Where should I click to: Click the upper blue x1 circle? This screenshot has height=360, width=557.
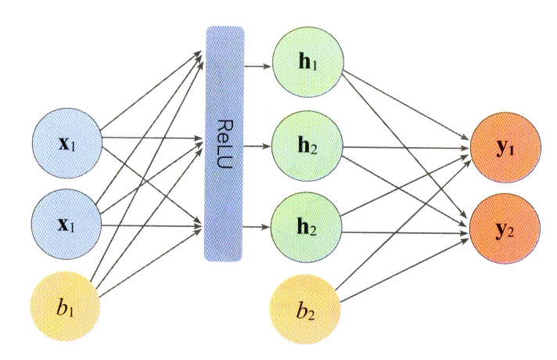pos(66,146)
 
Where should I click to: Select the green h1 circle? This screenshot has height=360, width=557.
pos(306,63)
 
